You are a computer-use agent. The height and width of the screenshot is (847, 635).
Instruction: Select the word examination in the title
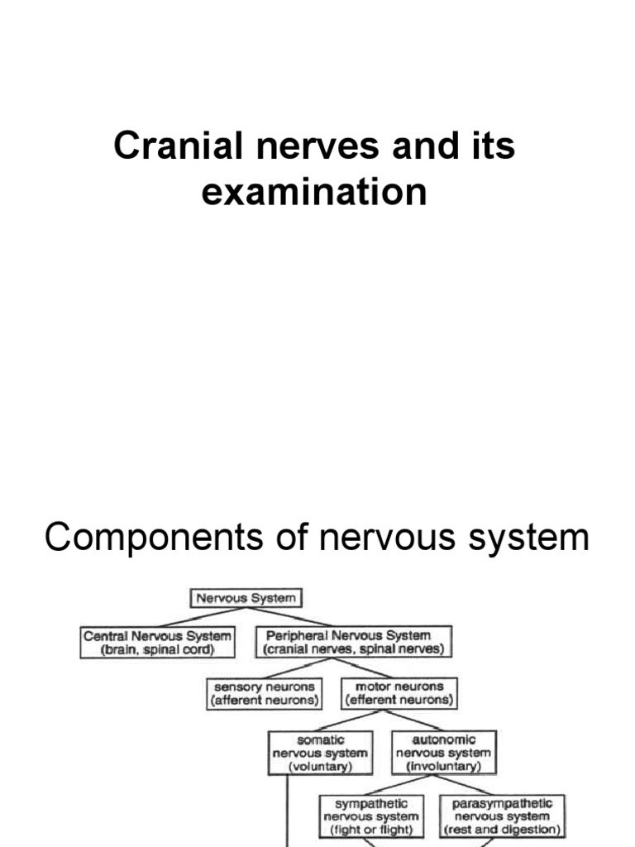[315, 192]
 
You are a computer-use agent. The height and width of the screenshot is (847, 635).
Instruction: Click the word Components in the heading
[148, 538]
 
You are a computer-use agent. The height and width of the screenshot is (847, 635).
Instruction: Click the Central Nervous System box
[157, 642]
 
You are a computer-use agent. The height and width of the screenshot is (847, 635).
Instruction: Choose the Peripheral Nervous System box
[354, 642]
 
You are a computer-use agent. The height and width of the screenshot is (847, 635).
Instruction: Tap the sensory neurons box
[264, 692]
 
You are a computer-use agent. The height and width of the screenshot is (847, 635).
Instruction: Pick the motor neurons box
[399, 692]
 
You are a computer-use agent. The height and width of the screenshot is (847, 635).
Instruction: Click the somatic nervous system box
[319, 753]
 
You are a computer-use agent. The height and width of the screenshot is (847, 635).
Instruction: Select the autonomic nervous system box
[443, 753]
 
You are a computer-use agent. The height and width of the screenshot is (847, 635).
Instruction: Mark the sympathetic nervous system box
[371, 816]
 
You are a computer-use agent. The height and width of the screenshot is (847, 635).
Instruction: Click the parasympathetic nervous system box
[503, 816]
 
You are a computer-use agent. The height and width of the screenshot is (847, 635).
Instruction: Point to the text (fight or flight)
[371, 829]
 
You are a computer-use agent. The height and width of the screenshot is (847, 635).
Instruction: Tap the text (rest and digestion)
[503, 829]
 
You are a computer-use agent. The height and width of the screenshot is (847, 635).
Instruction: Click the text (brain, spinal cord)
[157, 649]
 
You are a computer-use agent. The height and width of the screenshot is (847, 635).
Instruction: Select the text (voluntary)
[319, 766]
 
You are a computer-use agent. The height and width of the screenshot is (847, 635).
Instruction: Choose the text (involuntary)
[443, 766]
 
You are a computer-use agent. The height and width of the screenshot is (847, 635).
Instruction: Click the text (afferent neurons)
[264, 700]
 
